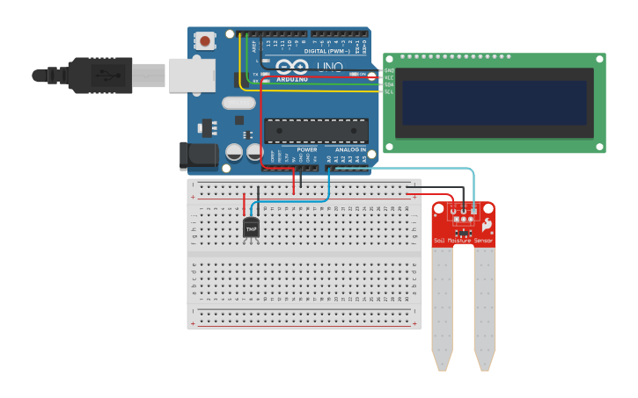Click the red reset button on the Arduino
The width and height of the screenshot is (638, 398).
(205, 40)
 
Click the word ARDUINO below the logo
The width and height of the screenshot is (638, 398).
(293, 79)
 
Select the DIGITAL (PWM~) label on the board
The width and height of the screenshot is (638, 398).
(326, 51)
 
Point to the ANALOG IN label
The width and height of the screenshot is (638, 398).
(350, 149)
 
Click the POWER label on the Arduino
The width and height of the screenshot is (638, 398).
(306, 149)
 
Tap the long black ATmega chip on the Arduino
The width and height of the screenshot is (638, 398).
(316, 130)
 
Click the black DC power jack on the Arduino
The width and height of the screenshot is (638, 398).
(198, 156)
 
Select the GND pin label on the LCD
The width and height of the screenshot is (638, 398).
(389, 70)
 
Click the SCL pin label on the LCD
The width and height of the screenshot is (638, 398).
(389, 91)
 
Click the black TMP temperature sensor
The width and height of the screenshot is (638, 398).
(251, 228)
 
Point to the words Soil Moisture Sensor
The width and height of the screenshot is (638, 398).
(463, 240)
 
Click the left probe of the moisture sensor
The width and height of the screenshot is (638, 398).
(442, 308)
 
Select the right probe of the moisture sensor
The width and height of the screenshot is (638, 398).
(485, 308)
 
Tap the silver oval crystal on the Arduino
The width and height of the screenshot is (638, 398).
(238, 103)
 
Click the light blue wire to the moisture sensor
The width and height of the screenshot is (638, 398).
(400, 168)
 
